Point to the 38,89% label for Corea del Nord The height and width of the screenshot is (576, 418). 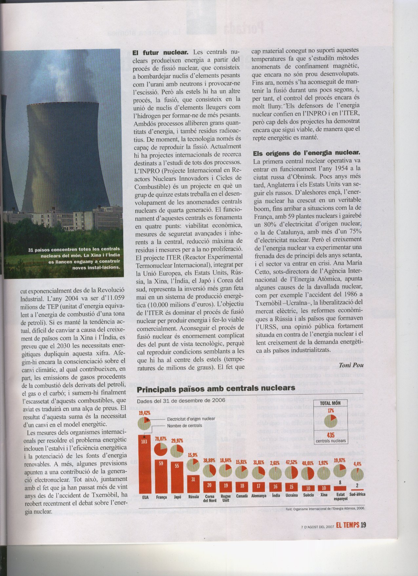click(209, 460)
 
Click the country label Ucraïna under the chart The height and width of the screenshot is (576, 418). click(291, 495)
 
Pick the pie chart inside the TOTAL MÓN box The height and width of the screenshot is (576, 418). click(330, 421)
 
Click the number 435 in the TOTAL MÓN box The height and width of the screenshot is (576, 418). click(330, 435)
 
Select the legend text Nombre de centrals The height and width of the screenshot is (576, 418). click(184, 426)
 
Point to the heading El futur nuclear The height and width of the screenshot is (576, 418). click(160, 53)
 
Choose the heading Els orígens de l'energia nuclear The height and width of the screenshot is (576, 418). click(307, 153)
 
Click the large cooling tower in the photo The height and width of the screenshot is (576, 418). click(66, 158)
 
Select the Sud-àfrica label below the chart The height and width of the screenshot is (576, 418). click(357, 494)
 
